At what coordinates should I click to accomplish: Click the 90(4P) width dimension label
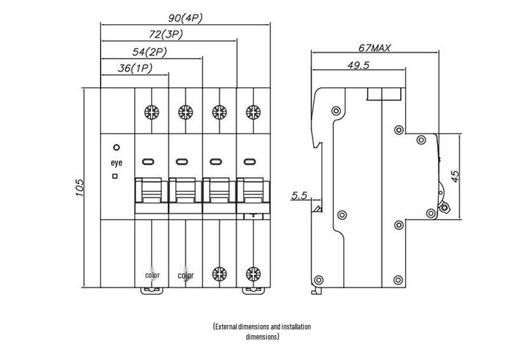click(x=185, y=18)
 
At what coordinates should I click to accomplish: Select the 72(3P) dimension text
click(x=166, y=34)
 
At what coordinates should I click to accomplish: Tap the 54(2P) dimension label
click(x=150, y=52)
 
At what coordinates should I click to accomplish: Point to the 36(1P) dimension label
click(x=135, y=68)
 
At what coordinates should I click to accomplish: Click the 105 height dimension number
click(x=80, y=188)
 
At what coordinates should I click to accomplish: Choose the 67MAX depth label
click(x=375, y=48)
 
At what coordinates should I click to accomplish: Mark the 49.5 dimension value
click(x=359, y=65)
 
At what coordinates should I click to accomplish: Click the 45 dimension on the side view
click(x=455, y=176)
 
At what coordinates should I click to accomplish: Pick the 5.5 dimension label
click(x=299, y=196)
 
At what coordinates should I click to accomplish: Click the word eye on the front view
click(x=117, y=162)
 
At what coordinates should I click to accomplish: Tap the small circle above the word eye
click(x=117, y=148)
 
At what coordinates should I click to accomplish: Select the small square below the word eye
click(x=115, y=176)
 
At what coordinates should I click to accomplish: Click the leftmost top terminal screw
click(x=152, y=112)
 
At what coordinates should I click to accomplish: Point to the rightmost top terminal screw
click(x=253, y=112)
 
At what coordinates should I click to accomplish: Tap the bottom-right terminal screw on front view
click(x=253, y=274)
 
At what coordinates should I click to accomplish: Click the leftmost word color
click(x=152, y=275)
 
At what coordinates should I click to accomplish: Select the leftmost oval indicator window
click(x=148, y=162)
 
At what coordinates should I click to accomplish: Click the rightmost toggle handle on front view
click(x=253, y=196)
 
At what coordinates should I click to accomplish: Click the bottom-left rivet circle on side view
click(x=318, y=280)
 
